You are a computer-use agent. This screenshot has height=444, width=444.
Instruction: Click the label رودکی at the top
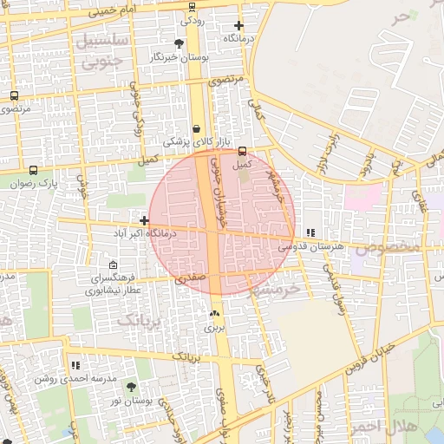[x=192, y=19]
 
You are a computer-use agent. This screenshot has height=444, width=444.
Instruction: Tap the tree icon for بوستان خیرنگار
[x=180, y=42]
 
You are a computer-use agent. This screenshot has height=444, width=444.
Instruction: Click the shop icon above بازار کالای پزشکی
[x=197, y=128]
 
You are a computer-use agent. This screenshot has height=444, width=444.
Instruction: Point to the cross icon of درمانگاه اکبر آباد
[x=144, y=220]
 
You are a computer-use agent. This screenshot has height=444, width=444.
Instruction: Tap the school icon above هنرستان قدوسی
[x=310, y=232]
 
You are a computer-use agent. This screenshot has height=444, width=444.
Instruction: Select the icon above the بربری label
[x=214, y=313]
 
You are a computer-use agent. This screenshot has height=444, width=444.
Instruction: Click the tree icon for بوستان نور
[x=131, y=388]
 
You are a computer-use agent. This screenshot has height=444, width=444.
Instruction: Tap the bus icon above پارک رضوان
[x=33, y=170]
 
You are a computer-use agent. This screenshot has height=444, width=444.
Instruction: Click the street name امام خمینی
[x=109, y=10]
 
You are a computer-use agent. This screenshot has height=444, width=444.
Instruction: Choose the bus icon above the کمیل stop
[x=242, y=150]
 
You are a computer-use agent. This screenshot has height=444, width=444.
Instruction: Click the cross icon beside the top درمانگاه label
[x=238, y=25]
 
